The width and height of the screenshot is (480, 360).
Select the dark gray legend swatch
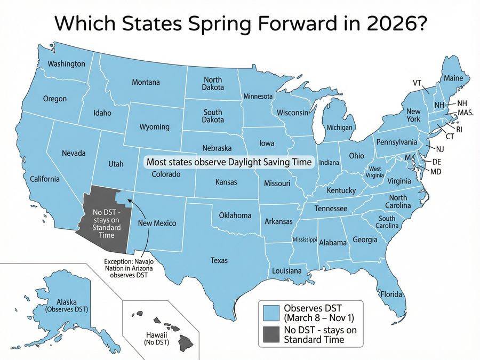pyautogui.click(x=272, y=335)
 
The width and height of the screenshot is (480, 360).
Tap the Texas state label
pyautogui.click(x=219, y=260)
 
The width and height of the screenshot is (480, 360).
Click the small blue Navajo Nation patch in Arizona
pyautogui.click(x=122, y=197)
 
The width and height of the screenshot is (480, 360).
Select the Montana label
pyautogui.click(x=146, y=82)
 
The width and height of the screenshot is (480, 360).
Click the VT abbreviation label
pyautogui.click(x=418, y=83)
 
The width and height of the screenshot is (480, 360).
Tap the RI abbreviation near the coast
pyautogui.click(x=458, y=129)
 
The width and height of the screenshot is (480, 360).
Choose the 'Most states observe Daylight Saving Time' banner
pyautogui.click(x=229, y=162)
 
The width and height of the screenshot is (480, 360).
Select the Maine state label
pyautogui.click(x=453, y=78)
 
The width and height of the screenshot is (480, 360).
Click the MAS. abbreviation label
pyautogui.click(x=466, y=113)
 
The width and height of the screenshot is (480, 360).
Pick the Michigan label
pyautogui.click(x=339, y=128)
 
